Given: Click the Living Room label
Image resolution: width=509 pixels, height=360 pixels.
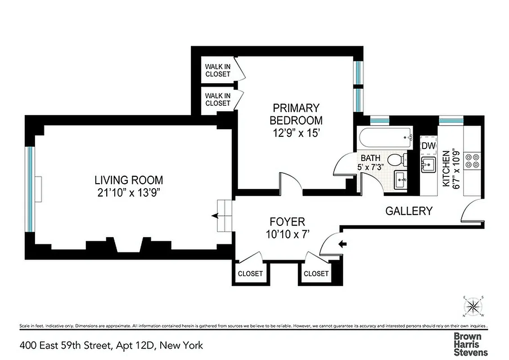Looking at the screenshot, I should pyautogui.click(x=129, y=180).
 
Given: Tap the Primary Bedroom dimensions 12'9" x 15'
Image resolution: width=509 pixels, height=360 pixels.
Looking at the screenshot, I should pyautogui.click(x=296, y=134).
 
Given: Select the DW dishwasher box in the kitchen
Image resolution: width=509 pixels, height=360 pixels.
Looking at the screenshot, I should pyautogui.click(x=428, y=146).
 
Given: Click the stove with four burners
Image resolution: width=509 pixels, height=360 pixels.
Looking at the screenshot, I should pyautogui.click(x=472, y=161).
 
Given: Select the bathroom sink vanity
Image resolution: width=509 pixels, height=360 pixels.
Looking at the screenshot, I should pyautogui.click(x=401, y=181).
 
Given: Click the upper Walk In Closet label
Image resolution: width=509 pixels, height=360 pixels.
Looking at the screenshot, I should pyautogui.click(x=218, y=70).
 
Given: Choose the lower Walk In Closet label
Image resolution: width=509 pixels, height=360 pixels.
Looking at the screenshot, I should pyautogui.click(x=218, y=99).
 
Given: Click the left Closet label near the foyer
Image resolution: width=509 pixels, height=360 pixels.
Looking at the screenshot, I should pyautogui.click(x=250, y=274).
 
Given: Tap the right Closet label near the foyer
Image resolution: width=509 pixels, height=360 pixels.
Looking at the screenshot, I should pyautogui.click(x=316, y=274).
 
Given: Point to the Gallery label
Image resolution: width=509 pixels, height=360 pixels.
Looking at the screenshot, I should pyautogui.click(x=409, y=211).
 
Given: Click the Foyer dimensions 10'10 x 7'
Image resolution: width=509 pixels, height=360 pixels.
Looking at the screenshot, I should pyautogui.click(x=287, y=234).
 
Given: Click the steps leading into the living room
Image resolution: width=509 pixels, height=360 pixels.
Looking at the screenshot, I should pyautogui.click(x=224, y=216).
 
